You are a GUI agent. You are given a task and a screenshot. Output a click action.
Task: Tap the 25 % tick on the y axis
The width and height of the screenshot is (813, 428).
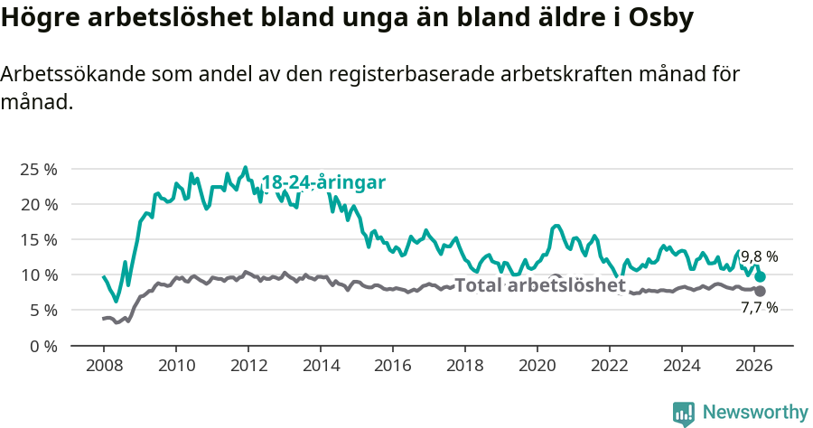(x=38, y=169)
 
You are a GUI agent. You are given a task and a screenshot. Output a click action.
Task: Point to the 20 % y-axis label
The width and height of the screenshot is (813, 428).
(x=38, y=204)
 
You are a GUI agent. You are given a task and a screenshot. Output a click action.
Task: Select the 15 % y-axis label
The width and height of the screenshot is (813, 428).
(x=38, y=239)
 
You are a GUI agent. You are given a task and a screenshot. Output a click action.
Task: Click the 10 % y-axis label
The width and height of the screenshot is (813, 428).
(x=38, y=274)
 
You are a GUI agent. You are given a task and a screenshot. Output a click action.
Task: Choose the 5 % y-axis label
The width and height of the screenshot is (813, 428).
(x=42, y=310)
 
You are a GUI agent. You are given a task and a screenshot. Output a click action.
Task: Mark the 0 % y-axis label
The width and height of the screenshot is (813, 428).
(x=42, y=345)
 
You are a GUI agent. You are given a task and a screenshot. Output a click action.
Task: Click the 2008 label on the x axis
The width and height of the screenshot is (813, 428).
(x=103, y=366)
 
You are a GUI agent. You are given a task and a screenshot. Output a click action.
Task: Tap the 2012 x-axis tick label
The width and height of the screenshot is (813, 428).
(x=248, y=366)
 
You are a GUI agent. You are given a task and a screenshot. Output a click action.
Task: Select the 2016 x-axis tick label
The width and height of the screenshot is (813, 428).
(x=392, y=366)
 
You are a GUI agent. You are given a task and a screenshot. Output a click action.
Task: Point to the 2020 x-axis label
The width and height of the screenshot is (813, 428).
(x=537, y=366)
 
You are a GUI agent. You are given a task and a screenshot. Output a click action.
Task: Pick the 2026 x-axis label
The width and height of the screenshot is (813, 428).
(x=753, y=366)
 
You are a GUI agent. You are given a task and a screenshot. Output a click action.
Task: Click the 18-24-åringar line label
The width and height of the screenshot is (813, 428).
(x=323, y=182)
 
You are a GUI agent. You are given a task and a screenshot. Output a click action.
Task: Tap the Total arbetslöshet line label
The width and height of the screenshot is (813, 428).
(x=539, y=286)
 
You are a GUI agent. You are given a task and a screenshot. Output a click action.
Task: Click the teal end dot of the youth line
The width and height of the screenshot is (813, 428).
(x=761, y=276)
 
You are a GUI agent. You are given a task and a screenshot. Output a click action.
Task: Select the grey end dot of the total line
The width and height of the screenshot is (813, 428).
(x=761, y=291)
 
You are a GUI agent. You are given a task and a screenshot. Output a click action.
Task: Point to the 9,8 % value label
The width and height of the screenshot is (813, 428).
(x=759, y=256)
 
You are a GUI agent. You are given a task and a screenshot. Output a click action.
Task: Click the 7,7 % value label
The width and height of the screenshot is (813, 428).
(x=759, y=308)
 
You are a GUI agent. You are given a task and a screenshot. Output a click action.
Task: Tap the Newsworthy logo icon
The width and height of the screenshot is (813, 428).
(x=684, y=413)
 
